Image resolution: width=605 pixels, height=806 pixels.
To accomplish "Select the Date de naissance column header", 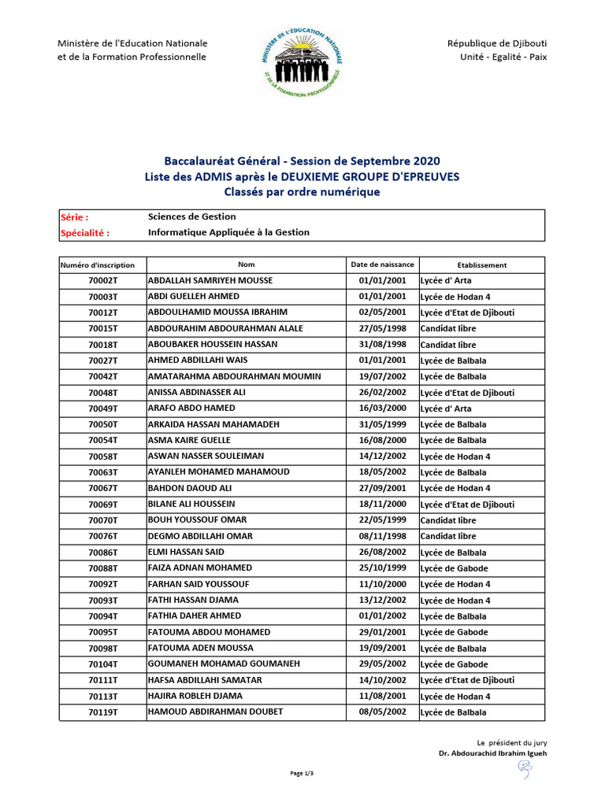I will [x=382, y=264].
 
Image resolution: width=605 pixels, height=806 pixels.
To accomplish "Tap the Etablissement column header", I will [x=481, y=265].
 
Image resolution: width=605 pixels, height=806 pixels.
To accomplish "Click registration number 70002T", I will [x=102, y=281].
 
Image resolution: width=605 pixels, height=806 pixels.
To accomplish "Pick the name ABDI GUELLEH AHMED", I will [x=194, y=297].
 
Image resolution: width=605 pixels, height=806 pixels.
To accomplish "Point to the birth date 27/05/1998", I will [x=382, y=328].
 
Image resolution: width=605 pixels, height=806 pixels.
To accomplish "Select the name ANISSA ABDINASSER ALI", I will [x=197, y=392].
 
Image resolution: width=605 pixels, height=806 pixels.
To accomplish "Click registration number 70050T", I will [x=102, y=424].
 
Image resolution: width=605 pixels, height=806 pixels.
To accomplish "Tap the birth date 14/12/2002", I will [x=382, y=457].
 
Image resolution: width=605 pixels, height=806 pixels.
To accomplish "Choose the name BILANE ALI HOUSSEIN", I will [x=191, y=504].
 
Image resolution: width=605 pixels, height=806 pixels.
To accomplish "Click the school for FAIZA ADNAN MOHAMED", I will [x=454, y=568].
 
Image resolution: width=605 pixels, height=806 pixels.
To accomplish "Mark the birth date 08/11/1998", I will [x=382, y=536].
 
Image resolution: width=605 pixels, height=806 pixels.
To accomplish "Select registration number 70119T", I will [x=102, y=712].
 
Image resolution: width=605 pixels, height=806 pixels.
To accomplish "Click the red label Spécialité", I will [x=85, y=233].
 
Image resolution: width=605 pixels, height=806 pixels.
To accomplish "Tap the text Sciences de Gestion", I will [x=192, y=216].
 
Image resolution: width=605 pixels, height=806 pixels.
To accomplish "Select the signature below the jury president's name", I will [x=524, y=771].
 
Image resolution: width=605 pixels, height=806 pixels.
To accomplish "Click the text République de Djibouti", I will [x=496, y=43].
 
